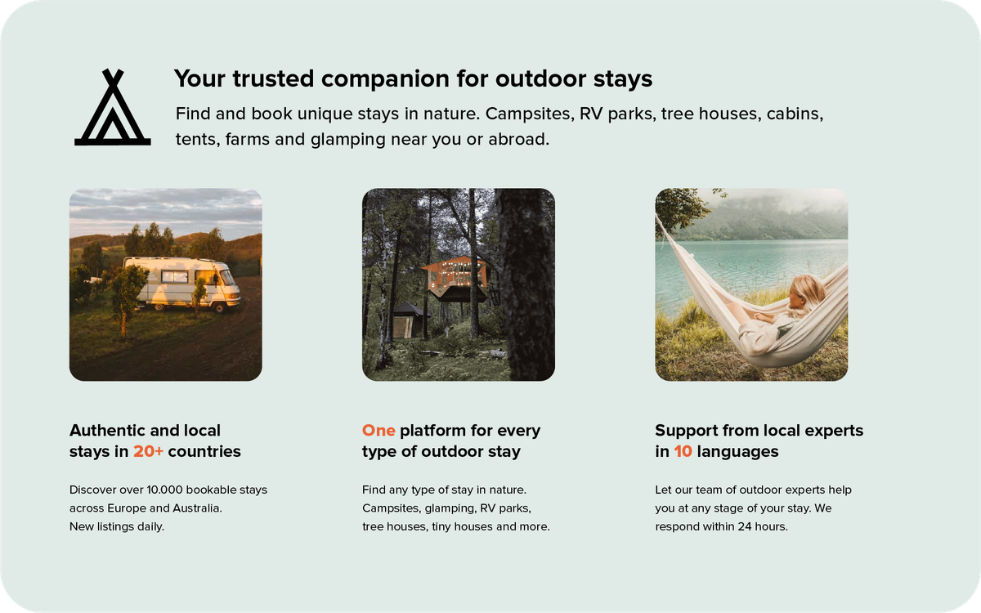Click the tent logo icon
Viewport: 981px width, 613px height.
click(113, 109)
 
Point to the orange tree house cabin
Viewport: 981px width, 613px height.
click(455, 276)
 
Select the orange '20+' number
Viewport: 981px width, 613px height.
click(149, 451)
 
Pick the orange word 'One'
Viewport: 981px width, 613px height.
click(379, 430)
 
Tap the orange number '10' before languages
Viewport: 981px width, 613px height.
click(683, 451)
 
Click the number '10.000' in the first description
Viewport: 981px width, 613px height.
click(167, 490)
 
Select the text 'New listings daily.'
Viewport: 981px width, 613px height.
click(117, 526)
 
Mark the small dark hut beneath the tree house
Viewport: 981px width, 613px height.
click(409, 320)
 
